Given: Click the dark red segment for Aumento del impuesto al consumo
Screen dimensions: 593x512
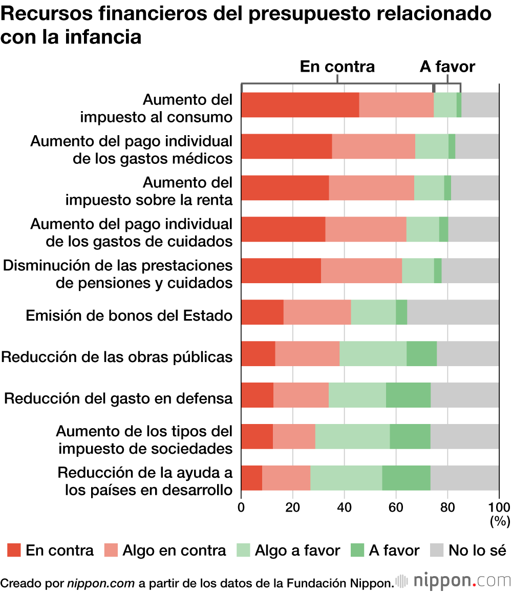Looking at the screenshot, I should tap(300, 105).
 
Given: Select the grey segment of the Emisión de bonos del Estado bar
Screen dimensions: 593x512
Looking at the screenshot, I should tap(453, 312).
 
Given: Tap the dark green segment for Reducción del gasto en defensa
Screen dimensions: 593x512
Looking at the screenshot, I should tap(408, 395).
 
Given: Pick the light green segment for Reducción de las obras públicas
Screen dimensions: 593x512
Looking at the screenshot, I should tap(373, 353).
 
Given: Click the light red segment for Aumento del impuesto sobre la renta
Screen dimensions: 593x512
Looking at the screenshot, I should tap(371, 188).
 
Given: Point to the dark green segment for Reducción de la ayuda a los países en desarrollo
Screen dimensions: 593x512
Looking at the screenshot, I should tap(406, 478).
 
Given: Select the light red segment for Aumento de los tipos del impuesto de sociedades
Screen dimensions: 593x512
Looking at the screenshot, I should tap(294, 436).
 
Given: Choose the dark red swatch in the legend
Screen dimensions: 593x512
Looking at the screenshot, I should tap(14, 550).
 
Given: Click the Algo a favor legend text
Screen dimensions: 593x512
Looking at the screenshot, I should tap(297, 550).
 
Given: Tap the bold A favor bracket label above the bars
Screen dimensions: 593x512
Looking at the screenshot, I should tap(447, 67).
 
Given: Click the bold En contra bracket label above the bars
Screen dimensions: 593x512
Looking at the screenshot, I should tap(337, 67).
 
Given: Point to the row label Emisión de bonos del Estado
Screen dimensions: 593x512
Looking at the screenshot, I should tap(129, 315).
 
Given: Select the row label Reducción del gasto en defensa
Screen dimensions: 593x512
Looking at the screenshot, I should tap(118, 398).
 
